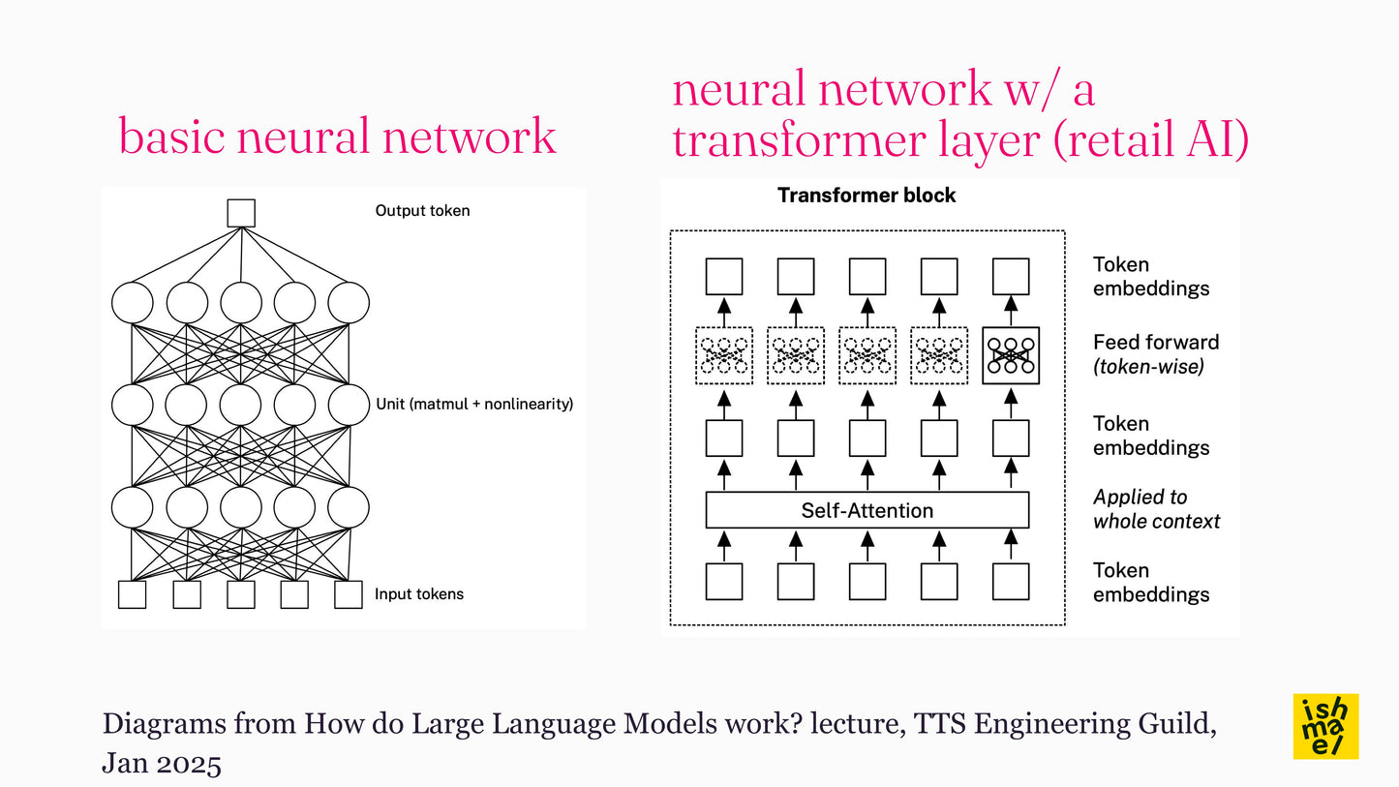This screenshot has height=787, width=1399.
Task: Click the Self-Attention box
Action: (867, 510)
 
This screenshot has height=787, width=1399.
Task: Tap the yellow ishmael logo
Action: (1325, 726)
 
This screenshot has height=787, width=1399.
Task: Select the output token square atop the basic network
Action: (240, 213)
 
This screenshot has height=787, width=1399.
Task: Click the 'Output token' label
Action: (422, 210)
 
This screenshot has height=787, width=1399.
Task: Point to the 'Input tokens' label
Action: (419, 594)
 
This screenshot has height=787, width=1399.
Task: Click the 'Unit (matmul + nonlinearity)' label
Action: (474, 404)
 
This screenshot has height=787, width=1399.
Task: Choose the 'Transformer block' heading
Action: (867, 196)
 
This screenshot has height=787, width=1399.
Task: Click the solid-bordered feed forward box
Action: (1011, 355)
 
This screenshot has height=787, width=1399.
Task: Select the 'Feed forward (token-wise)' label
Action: (1156, 354)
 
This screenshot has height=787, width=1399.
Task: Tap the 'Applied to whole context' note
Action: (1156, 509)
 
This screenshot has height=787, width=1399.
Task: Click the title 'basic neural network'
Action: (337, 136)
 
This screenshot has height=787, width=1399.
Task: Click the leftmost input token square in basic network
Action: (132, 594)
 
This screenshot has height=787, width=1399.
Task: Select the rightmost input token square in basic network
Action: (348, 594)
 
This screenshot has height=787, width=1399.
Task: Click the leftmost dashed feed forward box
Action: (724, 355)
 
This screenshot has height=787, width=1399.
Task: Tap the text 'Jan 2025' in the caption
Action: (162, 764)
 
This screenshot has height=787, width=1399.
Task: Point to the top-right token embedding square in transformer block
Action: (1011, 276)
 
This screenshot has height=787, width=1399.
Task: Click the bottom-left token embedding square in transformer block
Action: (724, 582)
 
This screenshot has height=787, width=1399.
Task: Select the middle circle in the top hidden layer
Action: (240, 303)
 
